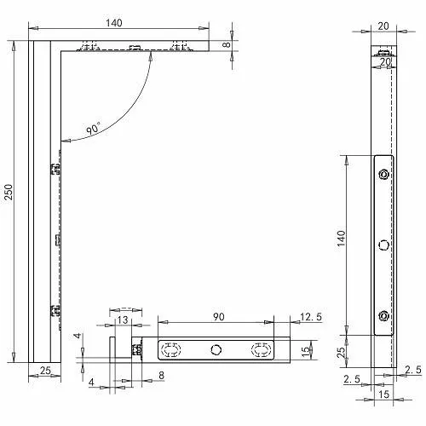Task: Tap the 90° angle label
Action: click(x=93, y=130)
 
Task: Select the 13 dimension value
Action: click(x=124, y=319)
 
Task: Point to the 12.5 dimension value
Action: click(x=311, y=318)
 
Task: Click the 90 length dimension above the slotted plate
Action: click(x=217, y=317)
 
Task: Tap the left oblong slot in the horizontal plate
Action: click(x=171, y=348)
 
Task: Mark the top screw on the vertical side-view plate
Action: click(x=384, y=176)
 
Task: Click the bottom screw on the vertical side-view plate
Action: click(x=384, y=316)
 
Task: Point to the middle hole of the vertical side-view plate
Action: click(x=384, y=245)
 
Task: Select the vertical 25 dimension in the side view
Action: click(x=341, y=352)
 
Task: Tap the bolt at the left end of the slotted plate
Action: click(x=135, y=349)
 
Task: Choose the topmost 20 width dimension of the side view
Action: click(x=383, y=26)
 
